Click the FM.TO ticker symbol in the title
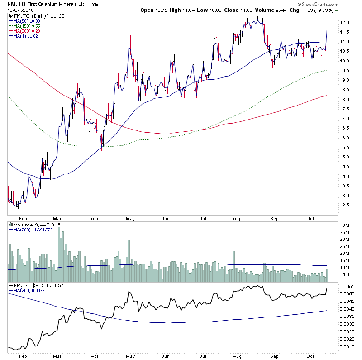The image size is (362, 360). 15,5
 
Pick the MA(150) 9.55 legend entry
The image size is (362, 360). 29,27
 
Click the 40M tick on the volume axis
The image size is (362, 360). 346,225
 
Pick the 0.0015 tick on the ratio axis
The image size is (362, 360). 348,346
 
